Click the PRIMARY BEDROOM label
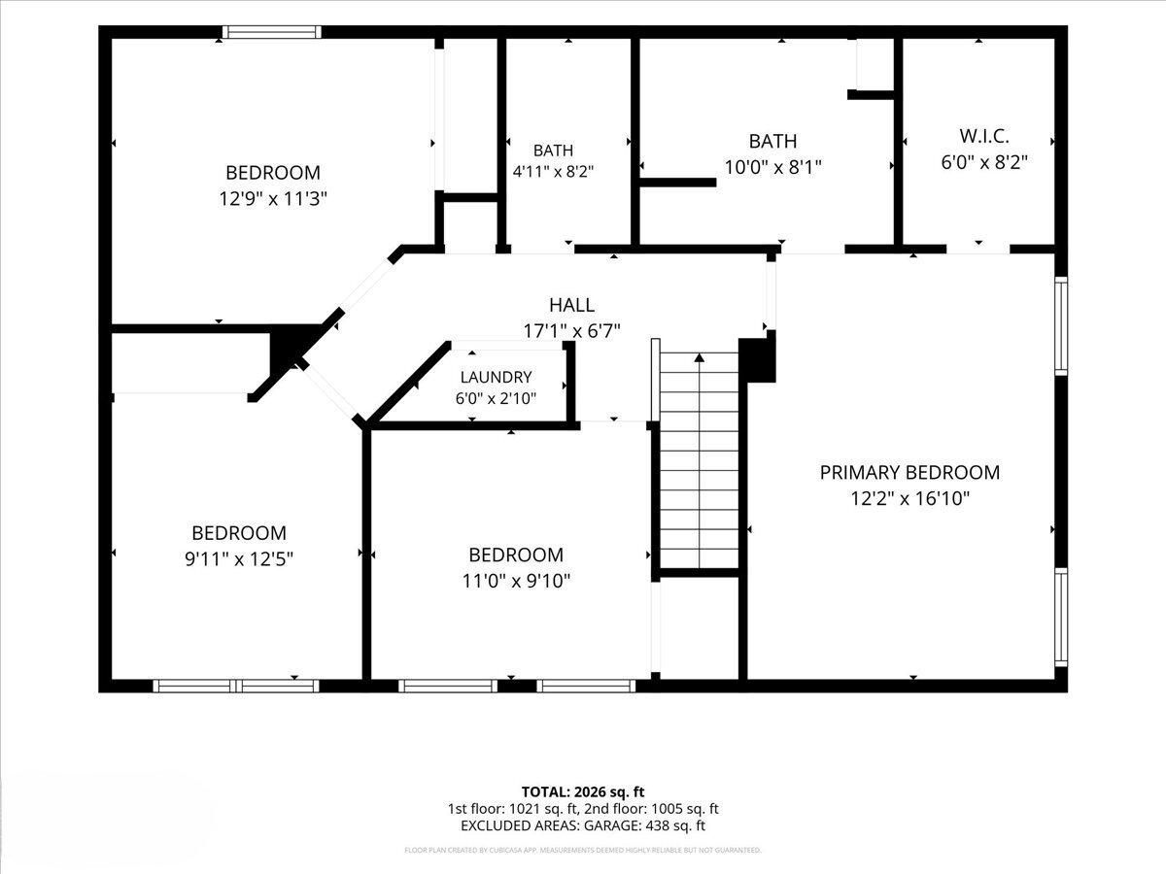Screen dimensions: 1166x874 click(x=909, y=472)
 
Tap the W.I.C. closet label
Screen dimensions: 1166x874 click(x=983, y=136)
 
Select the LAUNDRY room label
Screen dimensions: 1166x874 click(x=496, y=378)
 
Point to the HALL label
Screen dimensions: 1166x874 click(x=571, y=305)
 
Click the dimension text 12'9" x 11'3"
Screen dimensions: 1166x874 click(x=273, y=199)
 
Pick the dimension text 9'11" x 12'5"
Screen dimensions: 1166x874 click(x=239, y=558)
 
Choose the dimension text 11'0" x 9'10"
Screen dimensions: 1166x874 click(x=516, y=581)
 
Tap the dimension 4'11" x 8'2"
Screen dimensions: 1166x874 click(x=553, y=172)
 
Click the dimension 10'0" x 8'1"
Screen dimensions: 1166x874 click(x=772, y=167)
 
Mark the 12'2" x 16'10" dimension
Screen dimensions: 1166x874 click(x=909, y=499)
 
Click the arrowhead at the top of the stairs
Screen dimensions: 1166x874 click(x=699, y=357)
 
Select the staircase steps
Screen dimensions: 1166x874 click(x=699, y=461)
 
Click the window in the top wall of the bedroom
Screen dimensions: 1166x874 click(x=271, y=32)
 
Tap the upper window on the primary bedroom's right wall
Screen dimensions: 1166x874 click(x=1060, y=326)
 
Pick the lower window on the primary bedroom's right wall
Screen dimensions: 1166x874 click(x=1060, y=618)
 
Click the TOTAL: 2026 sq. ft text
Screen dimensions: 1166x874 click(x=583, y=792)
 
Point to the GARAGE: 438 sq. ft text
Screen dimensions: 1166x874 click(x=644, y=825)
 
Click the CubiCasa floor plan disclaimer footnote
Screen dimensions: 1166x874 click(x=583, y=850)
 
